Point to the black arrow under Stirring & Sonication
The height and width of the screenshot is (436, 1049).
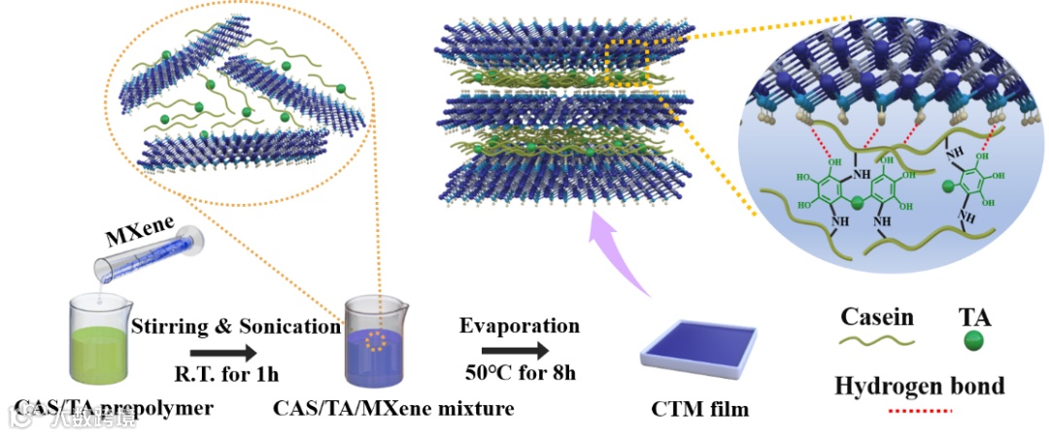[x=220, y=353]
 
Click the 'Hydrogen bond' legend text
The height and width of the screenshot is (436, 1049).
[x=920, y=386]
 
